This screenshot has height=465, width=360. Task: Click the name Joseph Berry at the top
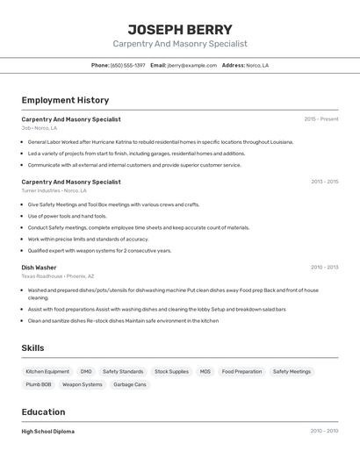click(x=180, y=29)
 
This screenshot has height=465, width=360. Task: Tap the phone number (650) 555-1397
click(x=128, y=65)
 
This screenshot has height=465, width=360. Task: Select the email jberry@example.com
click(x=191, y=65)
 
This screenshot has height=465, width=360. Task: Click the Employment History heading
click(x=65, y=100)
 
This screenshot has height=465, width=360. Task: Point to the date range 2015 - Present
click(x=320, y=119)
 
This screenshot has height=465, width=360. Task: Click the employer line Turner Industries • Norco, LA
click(x=54, y=190)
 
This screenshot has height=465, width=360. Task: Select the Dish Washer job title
click(x=39, y=268)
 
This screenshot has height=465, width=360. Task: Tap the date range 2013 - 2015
click(x=324, y=182)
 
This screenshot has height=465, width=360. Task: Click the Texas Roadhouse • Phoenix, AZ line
click(x=60, y=276)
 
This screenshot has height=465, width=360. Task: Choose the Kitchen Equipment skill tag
click(x=47, y=371)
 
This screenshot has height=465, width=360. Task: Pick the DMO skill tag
click(x=86, y=371)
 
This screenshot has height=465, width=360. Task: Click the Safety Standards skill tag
click(x=123, y=371)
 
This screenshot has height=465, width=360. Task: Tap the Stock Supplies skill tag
click(x=171, y=371)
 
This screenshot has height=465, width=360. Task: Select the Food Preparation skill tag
click(x=241, y=371)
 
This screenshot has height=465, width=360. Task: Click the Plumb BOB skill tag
click(x=39, y=384)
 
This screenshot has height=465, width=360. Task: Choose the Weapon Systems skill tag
click(x=82, y=384)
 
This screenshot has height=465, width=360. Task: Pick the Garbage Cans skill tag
click(x=129, y=384)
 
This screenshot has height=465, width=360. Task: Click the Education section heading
click(x=43, y=411)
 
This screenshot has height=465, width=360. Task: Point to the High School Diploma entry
click(x=47, y=432)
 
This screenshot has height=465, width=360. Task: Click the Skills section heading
click(x=32, y=348)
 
